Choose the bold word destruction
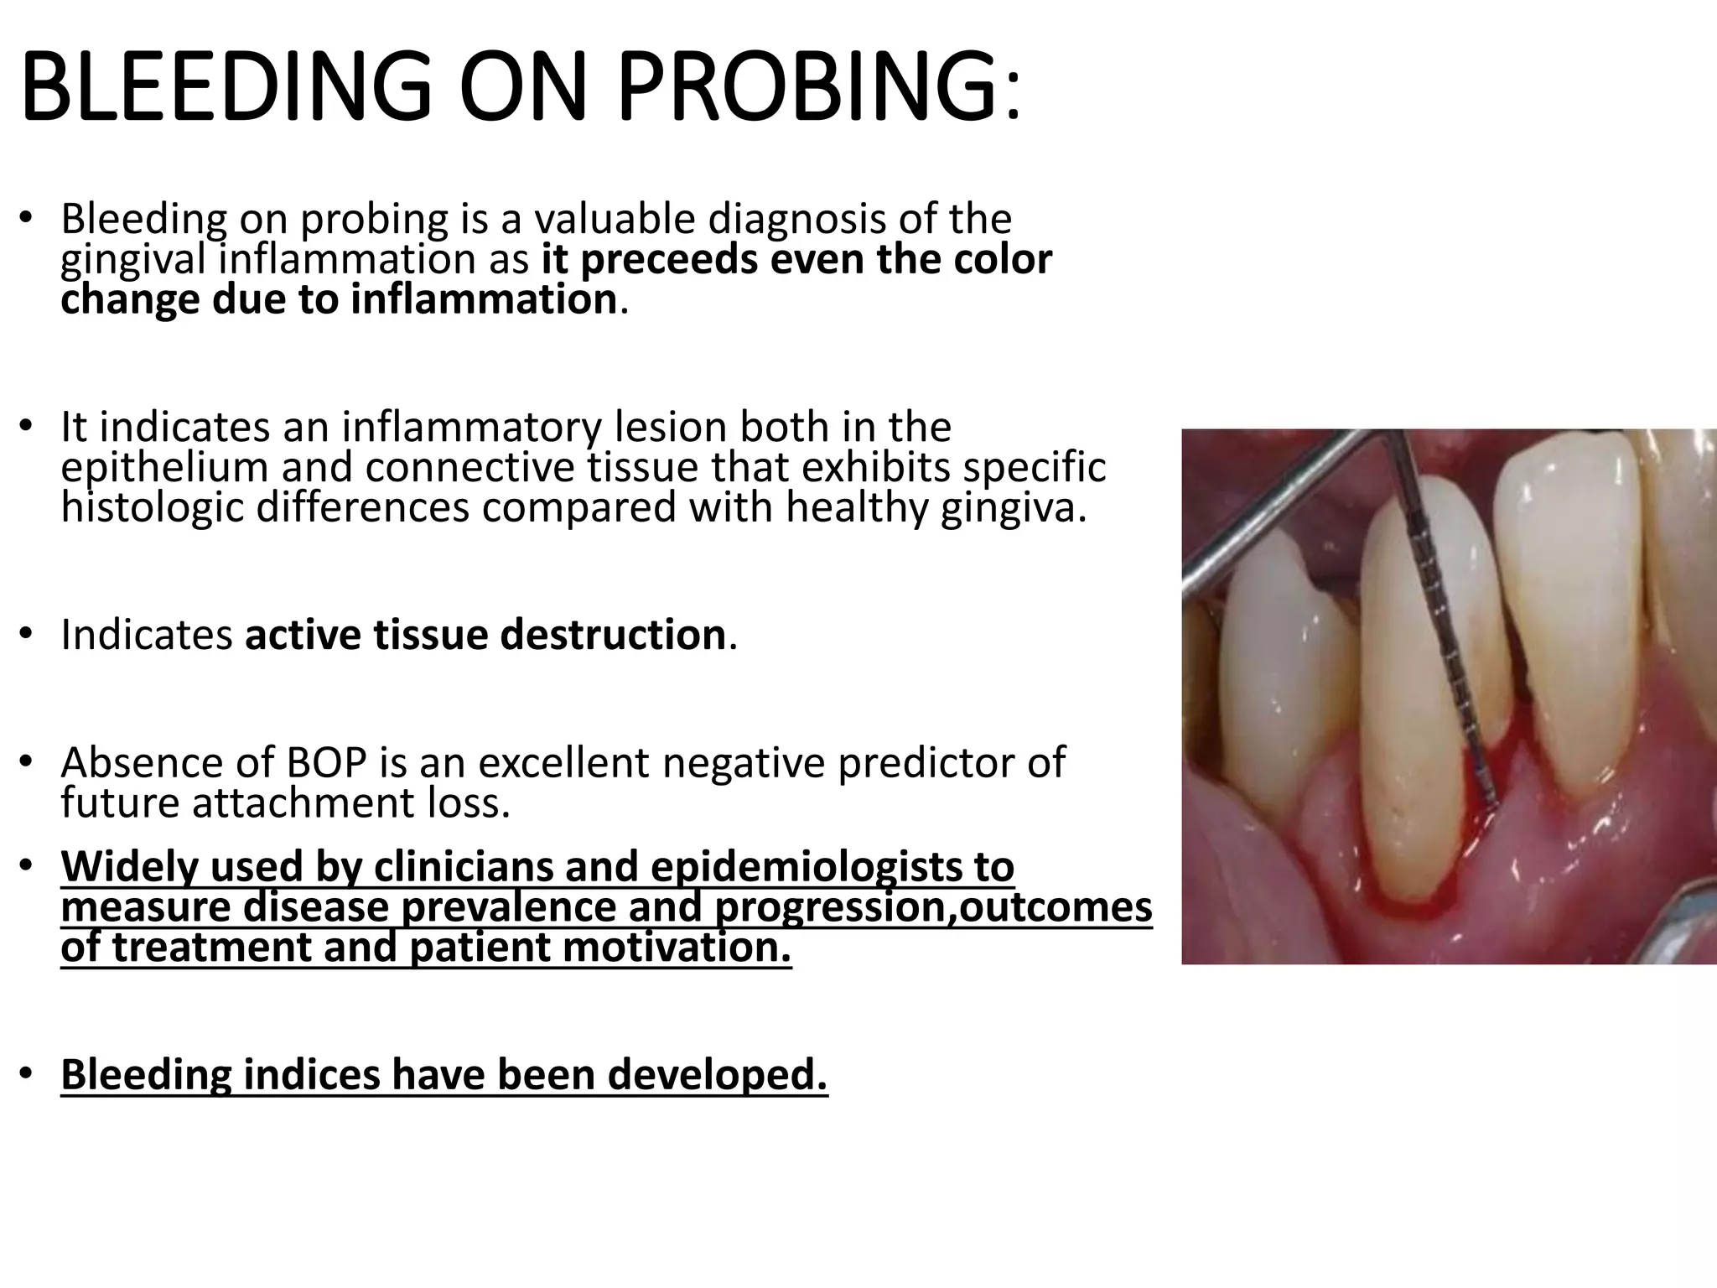(x=613, y=635)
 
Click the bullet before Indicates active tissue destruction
(x=26, y=635)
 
